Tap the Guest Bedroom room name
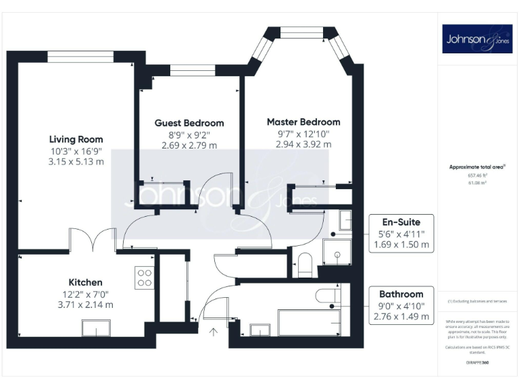[x=189, y=123]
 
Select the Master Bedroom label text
[x=303, y=122]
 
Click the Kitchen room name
[x=85, y=282]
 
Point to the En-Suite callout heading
[x=401, y=222]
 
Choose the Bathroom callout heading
[x=401, y=294]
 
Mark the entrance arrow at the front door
[x=214, y=331]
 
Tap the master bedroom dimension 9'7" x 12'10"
[x=303, y=134]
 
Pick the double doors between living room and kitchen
[x=92, y=240]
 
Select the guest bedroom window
[x=193, y=69]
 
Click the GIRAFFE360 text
[x=477, y=363]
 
